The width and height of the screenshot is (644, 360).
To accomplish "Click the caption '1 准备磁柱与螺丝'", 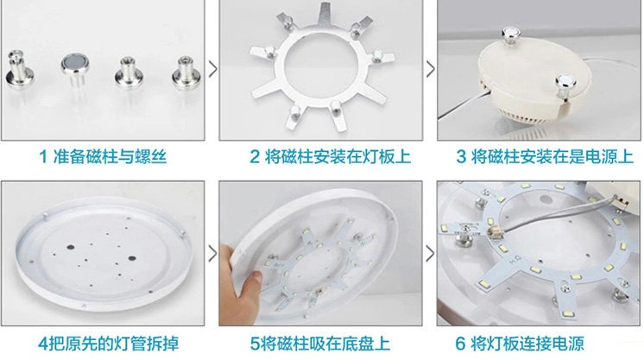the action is [x=103, y=156].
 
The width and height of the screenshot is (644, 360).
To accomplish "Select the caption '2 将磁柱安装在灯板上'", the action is [x=331, y=156].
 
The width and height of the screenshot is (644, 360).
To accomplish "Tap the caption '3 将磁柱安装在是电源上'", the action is [x=545, y=156].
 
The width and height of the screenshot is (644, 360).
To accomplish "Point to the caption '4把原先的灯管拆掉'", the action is [x=109, y=344].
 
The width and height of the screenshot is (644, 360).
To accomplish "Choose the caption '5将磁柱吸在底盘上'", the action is [x=320, y=344].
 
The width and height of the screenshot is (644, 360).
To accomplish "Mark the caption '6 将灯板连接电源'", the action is [x=520, y=344].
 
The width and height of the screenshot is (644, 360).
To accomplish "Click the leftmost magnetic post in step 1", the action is [x=19, y=70].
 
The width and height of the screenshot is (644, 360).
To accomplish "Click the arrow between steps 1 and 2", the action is [x=212, y=69].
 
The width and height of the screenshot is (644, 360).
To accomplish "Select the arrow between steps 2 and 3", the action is [x=430, y=69].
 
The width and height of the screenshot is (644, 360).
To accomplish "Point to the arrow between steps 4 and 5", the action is [x=212, y=254].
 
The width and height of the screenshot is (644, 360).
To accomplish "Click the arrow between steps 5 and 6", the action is [x=430, y=254].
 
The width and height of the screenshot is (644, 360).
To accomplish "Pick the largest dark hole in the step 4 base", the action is [x=132, y=258].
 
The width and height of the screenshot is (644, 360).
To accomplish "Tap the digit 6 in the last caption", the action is [x=460, y=344].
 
